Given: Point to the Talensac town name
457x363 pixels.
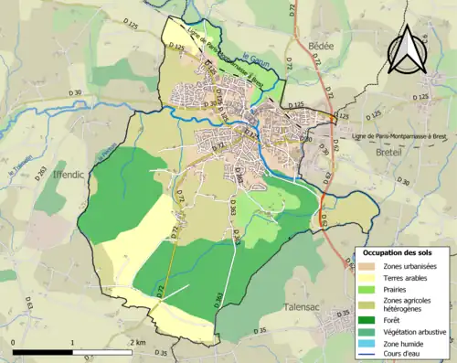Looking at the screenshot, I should pyautogui.click(x=304, y=308).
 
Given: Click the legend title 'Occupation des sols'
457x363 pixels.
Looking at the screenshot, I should pyautogui.click(x=399, y=251).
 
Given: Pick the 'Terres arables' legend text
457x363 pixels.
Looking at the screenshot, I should pyautogui.click(x=403, y=277).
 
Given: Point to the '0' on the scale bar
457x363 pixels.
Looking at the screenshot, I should pyautogui.click(x=14, y=343).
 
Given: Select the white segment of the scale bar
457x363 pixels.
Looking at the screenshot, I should pyautogui.click(x=101, y=352).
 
